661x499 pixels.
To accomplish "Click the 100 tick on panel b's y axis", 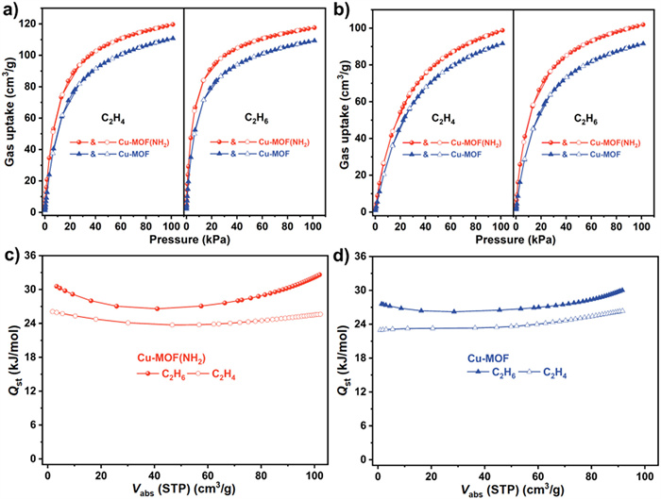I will click(x=358, y=28).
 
